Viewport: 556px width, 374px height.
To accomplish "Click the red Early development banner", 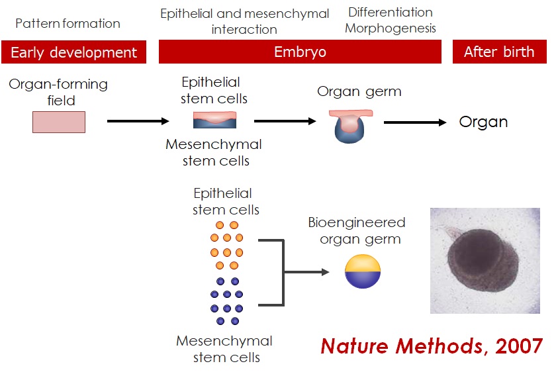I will (x=73, y=52).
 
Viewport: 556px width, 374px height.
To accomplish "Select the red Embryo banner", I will (x=300, y=52).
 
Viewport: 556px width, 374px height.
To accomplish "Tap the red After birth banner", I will (x=499, y=52).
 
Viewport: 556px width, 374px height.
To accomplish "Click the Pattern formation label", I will (x=68, y=24).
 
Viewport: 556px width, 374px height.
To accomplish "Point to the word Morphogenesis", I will (x=391, y=29).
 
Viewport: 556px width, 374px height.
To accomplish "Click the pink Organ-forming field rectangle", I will (x=59, y=122).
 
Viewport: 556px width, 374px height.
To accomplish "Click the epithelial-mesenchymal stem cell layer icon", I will (x=214, y=120).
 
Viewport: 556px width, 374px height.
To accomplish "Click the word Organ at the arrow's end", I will (x=483, y=122).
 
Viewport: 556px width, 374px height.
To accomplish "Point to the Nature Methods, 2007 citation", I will (x=432, y=346).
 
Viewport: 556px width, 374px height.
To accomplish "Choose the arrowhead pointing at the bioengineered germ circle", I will (x=324, y=272).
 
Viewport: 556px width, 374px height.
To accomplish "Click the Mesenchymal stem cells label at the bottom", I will (x=224, y=349).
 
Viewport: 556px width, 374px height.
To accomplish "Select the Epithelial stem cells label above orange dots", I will (x=225, y=201).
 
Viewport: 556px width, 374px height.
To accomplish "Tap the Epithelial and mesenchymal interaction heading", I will (x=244, y=22).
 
